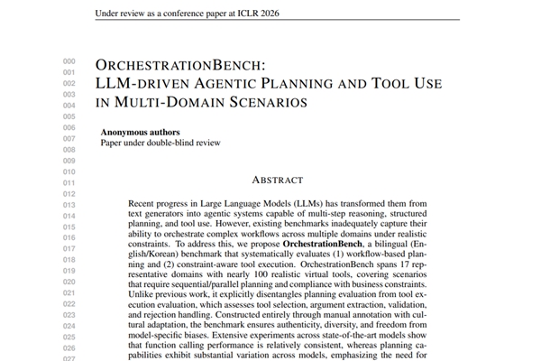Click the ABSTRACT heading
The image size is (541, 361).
pyautogui.click(x=278, y=180)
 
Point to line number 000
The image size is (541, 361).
pyautogui.click(x=69, y=61)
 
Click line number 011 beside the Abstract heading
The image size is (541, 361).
pyautogui.click(x=69, y=182)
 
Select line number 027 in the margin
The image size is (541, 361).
pyautogui.click(x=69, y=357)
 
